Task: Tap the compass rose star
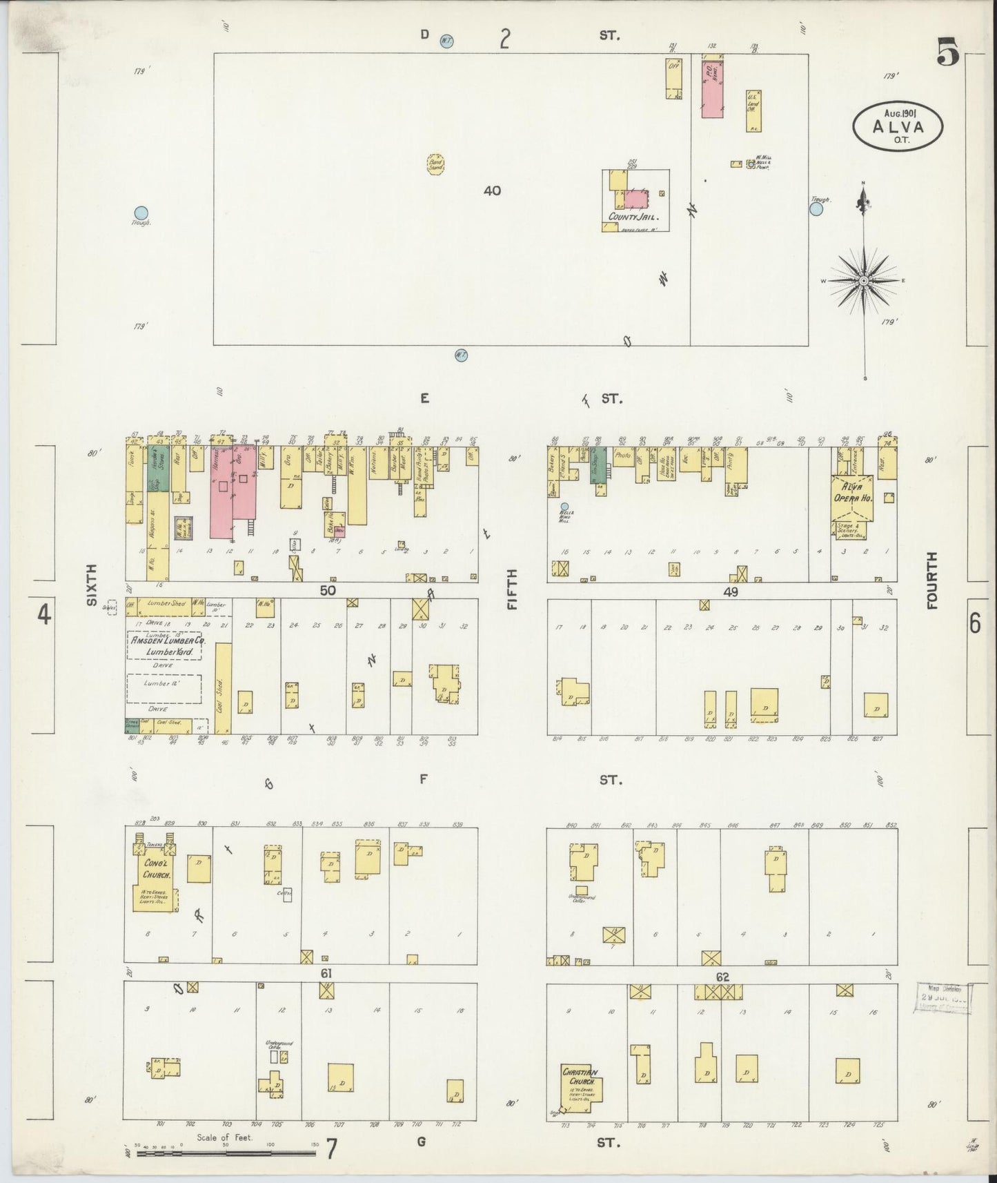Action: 863,281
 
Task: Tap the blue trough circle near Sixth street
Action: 141,213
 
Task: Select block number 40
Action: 492,190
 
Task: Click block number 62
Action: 722,977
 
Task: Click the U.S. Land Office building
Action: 753,110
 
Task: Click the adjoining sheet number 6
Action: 975,623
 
